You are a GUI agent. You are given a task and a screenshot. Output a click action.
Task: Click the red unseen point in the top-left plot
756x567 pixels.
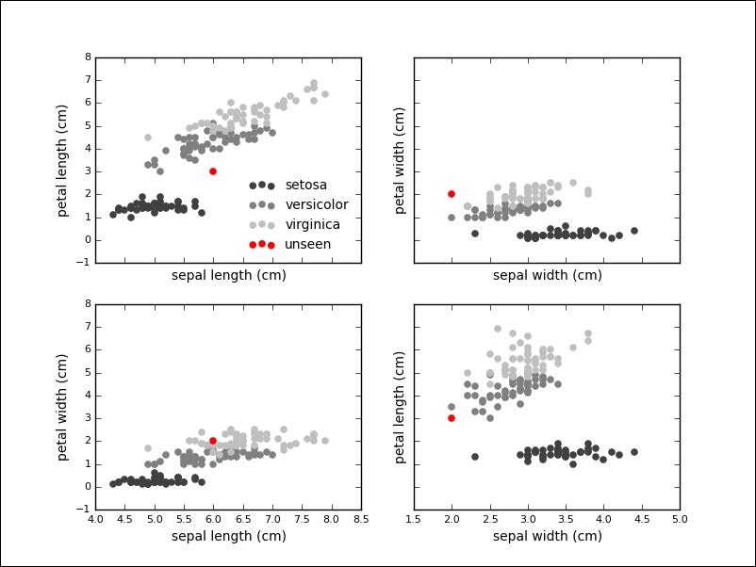coord(213,171)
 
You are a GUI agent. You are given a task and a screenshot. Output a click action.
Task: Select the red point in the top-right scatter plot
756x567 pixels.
coord(452,194)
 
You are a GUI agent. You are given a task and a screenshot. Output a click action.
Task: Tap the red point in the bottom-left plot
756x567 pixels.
coord(213,441)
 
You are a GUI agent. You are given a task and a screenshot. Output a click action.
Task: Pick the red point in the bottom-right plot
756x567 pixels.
coord(452,418)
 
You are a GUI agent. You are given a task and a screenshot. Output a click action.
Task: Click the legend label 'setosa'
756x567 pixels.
coord(305,186)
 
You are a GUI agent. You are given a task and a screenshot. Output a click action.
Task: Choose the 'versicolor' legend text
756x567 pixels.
coord(316,205)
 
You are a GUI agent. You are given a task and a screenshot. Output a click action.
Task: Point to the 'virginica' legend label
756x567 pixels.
coord(312,225)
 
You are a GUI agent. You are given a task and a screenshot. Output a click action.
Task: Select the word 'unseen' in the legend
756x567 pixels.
coord(307,245)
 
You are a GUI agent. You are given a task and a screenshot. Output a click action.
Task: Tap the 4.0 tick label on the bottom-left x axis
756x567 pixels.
coord(95,519)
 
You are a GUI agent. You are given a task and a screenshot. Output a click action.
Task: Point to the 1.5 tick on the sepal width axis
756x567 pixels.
coord(414,519)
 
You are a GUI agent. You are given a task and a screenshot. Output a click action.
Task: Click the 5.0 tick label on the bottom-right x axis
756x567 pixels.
coord(679,519)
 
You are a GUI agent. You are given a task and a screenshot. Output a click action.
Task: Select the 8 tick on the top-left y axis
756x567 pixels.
coord(87,57)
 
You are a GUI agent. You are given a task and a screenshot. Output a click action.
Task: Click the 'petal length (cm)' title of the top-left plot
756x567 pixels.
coord(63,160)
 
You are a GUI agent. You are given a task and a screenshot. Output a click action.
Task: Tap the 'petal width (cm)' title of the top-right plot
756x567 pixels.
coord(400,160)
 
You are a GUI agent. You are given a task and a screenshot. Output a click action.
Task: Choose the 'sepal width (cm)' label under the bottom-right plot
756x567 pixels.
coord(547,537)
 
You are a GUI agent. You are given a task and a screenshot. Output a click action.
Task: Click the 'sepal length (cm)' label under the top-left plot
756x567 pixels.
coord(228,275)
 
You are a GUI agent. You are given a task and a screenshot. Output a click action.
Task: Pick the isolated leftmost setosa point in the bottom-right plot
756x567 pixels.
coord(474,457)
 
